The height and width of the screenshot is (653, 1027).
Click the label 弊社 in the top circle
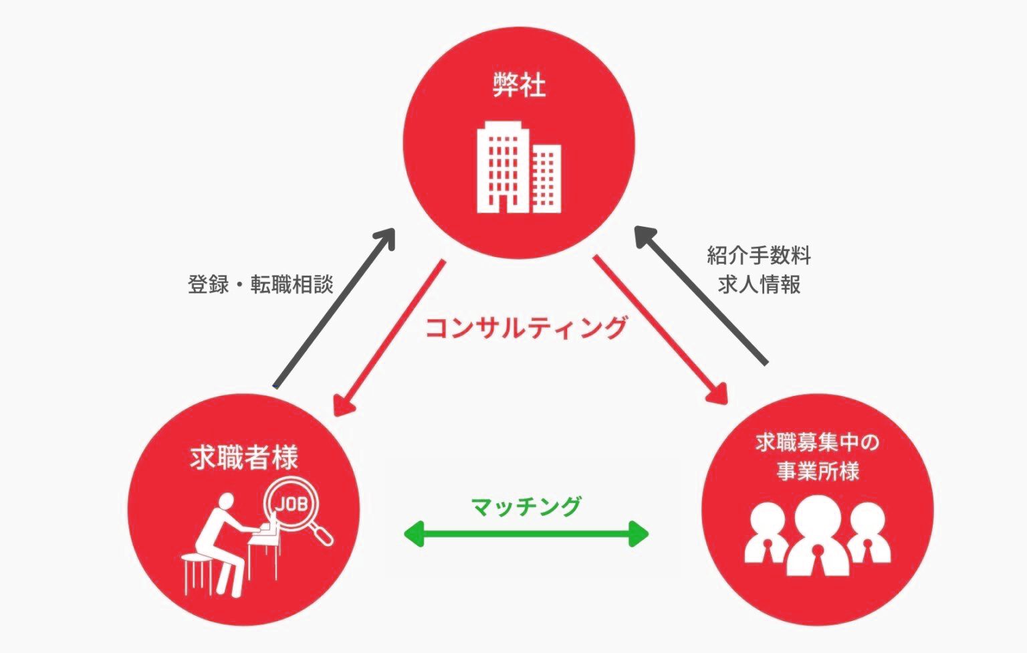pos(519,86)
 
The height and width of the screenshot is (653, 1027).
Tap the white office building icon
pos(518,168)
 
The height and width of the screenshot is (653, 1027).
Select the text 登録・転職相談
pos(260,285)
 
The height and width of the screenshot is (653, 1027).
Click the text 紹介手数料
pos(758,256)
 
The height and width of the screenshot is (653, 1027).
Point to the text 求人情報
pos(759,285)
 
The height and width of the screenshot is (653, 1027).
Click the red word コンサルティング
pos(527,329)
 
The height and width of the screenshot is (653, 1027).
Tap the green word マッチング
pos(526,506)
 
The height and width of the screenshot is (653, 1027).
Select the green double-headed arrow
pos(527,534)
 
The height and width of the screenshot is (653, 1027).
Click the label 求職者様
pos(243,458)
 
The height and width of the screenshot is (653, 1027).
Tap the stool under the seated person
pos(198,572)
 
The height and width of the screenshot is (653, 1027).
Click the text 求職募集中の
pos(816,442)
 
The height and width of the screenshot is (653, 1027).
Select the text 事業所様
pos(817,472)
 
